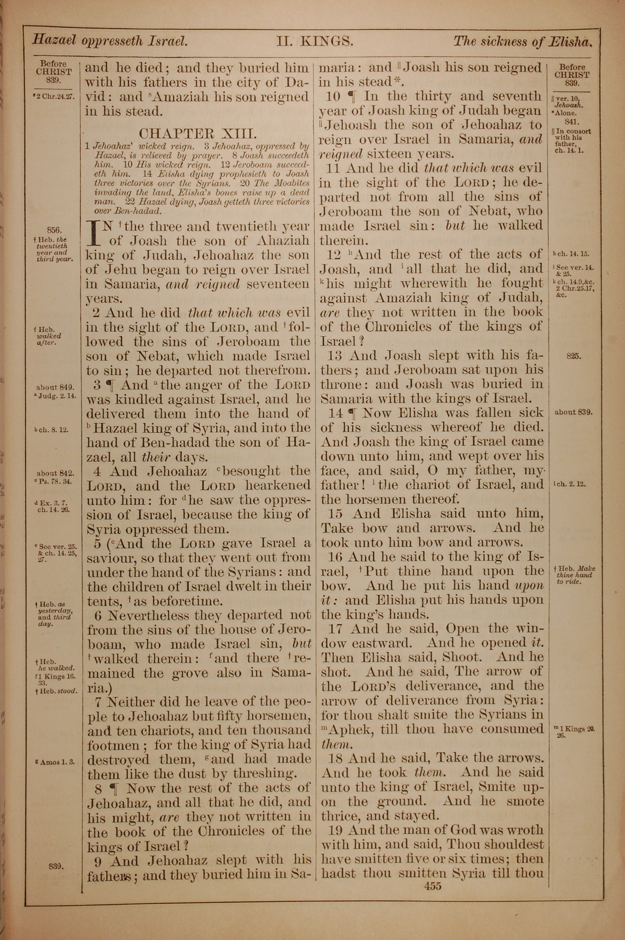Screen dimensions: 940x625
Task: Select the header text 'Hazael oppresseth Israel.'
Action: tap(110, 41)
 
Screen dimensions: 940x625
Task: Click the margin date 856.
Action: tap(54, 229)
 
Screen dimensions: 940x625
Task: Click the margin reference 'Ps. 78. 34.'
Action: tap(56, 481)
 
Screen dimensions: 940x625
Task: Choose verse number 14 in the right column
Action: tap(336, 413)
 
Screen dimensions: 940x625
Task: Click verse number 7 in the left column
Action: tap(99, 701)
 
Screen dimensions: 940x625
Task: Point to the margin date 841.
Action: tap(573, 123)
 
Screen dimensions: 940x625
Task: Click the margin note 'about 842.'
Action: tap(55, 473)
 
